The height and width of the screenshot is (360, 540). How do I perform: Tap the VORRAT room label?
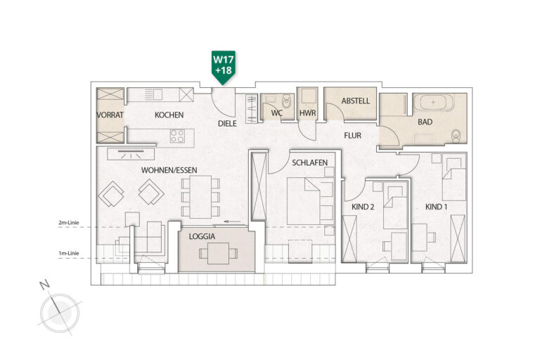coord(110,115)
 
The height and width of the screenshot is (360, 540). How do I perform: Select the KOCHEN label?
coord(169,115)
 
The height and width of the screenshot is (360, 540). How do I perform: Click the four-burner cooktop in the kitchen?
coord(177,136)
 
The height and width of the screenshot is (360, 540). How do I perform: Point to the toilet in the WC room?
coord(287,101)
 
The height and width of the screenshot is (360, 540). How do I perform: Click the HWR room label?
coord(307,113)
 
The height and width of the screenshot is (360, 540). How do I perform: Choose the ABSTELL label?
coord(355,101)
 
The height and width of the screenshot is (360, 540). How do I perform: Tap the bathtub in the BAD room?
coord(434,103)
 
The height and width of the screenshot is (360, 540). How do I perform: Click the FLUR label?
coord(353,136)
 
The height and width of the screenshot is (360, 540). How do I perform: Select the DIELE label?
coord(227,123)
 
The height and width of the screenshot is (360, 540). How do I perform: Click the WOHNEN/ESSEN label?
coord(169,170)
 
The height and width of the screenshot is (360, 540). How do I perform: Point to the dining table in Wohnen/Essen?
coord(200,197)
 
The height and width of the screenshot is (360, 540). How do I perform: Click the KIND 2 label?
coord(363,207)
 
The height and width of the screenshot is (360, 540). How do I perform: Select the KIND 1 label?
coord(437,207)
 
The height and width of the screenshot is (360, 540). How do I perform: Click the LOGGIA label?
coord(202,237)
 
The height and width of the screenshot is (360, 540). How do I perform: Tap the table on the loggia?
coord(219,253)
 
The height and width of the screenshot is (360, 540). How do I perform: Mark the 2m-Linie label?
coord(69,223)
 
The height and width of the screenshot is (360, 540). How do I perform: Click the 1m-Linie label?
coord(69,253)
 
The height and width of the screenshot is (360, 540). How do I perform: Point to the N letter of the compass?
coord(44,285)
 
